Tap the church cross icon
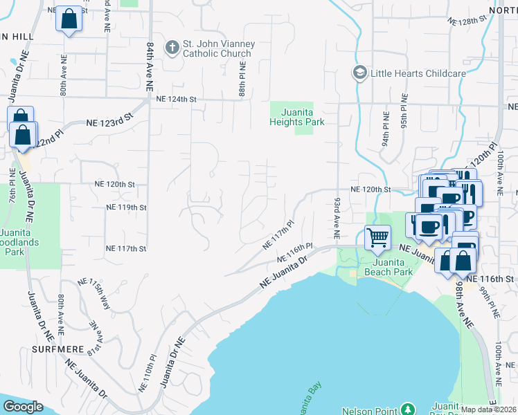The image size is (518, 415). [x=172, y=47]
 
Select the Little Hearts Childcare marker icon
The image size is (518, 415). [x=359, y=73]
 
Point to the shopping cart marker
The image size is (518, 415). [x=377, y=237]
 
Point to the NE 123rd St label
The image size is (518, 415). [x=109, y=122]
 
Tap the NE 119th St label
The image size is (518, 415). [x=126, y=207]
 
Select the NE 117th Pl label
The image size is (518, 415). [x=279, y=236]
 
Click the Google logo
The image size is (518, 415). [x=23, y=407]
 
